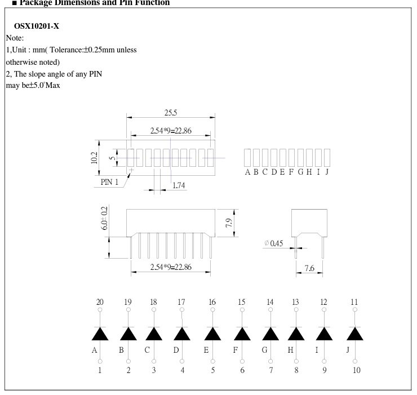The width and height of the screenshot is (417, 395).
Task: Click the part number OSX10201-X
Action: tap(36, 26)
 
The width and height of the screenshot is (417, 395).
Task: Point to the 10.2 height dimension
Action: tap(94, 158)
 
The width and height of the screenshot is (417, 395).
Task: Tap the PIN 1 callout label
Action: tap(110, 182)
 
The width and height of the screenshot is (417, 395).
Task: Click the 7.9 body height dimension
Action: tap(229, 223)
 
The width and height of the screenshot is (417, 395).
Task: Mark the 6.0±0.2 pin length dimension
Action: tap(104, 218)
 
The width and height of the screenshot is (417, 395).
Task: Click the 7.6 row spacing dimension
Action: tap(309, 269)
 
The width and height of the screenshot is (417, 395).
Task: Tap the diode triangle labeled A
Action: tap(100, 334)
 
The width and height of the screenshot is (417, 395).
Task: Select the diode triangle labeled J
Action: tap(354, 334)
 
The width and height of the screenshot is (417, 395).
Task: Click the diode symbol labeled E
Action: tap(212, 334)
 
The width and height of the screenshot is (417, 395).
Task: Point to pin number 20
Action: tap(100, 302)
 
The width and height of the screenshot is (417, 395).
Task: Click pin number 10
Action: tap(356, 370)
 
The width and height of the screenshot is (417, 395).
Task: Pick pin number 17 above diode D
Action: tap(181, 302)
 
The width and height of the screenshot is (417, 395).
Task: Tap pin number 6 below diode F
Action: tap(242, 370)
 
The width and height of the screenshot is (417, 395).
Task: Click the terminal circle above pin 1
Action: tap(100, 361)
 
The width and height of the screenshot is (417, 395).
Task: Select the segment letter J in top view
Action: tap(327, 172)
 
